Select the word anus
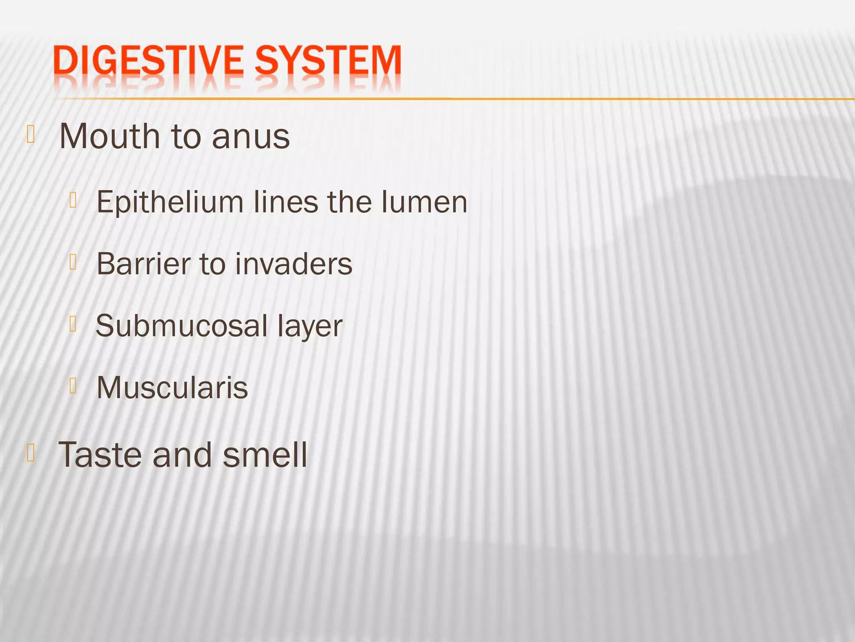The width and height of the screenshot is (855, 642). (x=251, y=137)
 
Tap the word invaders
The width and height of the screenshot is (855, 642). (x=294, y=264)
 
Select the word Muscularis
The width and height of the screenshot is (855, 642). (x=172, y=388)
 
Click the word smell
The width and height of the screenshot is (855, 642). (x=265, y=455)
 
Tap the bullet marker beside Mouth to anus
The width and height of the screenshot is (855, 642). (x=30, y=135)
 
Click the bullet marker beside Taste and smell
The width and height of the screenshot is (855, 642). (x=30, y=453)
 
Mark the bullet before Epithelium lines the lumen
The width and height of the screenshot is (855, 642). (x=73, y=200)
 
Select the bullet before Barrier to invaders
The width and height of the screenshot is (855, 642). (x=73, y=262)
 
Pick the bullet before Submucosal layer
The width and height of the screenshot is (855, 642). (x=73, y=324)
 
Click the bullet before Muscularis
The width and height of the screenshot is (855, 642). (x=73, y=385)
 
